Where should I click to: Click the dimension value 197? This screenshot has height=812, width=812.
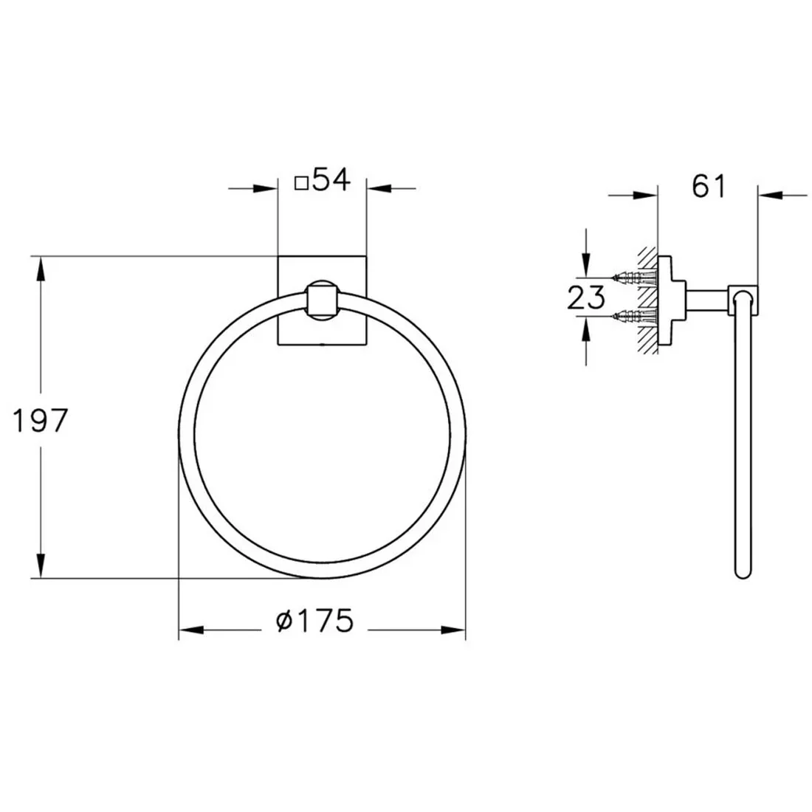tap(40, 420)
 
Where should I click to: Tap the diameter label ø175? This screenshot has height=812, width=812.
tap(315, 620)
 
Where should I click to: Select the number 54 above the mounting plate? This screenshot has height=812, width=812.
tap(332, 179)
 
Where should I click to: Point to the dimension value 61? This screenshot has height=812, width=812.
tap(709, 186)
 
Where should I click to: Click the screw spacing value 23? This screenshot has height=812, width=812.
tap(585, 297)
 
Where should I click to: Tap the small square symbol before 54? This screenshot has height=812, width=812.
tap(301, 183)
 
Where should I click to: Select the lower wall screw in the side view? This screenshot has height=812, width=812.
tap(634, 315)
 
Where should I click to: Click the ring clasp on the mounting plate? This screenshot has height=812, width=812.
tap(322, 300)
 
